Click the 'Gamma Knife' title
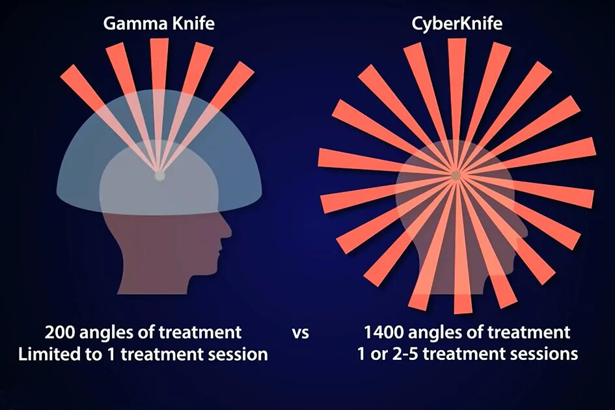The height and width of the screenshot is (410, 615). pyautogui.click(x=159, y=25)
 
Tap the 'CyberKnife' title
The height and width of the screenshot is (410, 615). pyautogui.click(x=456, y=25)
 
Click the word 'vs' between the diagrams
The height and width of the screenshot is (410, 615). pyautogui.click(x=300, y=333)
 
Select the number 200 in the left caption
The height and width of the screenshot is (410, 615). pyautogui.click(x=59, y=333)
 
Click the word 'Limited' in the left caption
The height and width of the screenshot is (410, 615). pyautogui.click(x=46, y=355)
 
